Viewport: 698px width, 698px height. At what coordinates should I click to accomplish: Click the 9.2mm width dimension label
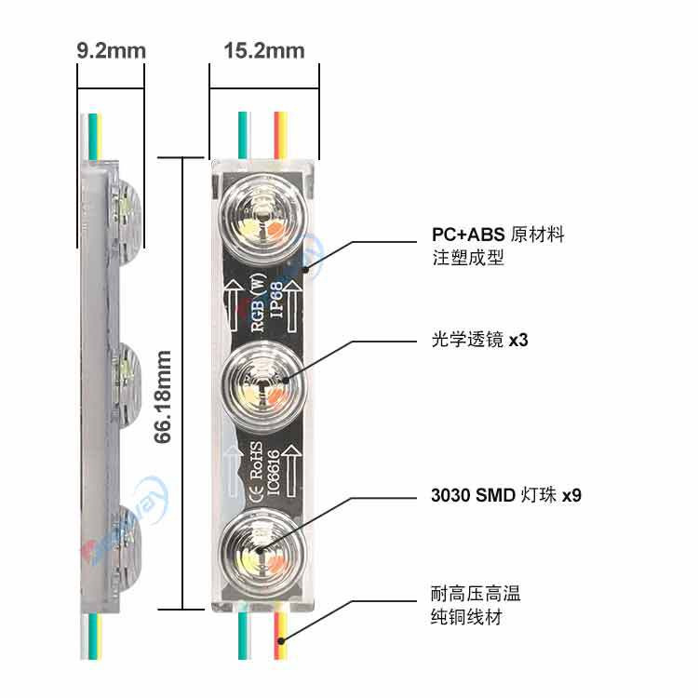[x=112, y=50]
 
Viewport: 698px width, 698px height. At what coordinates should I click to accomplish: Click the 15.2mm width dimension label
[x=264, y=50]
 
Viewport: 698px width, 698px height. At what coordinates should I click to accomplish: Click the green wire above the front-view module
[x=243, y=135]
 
